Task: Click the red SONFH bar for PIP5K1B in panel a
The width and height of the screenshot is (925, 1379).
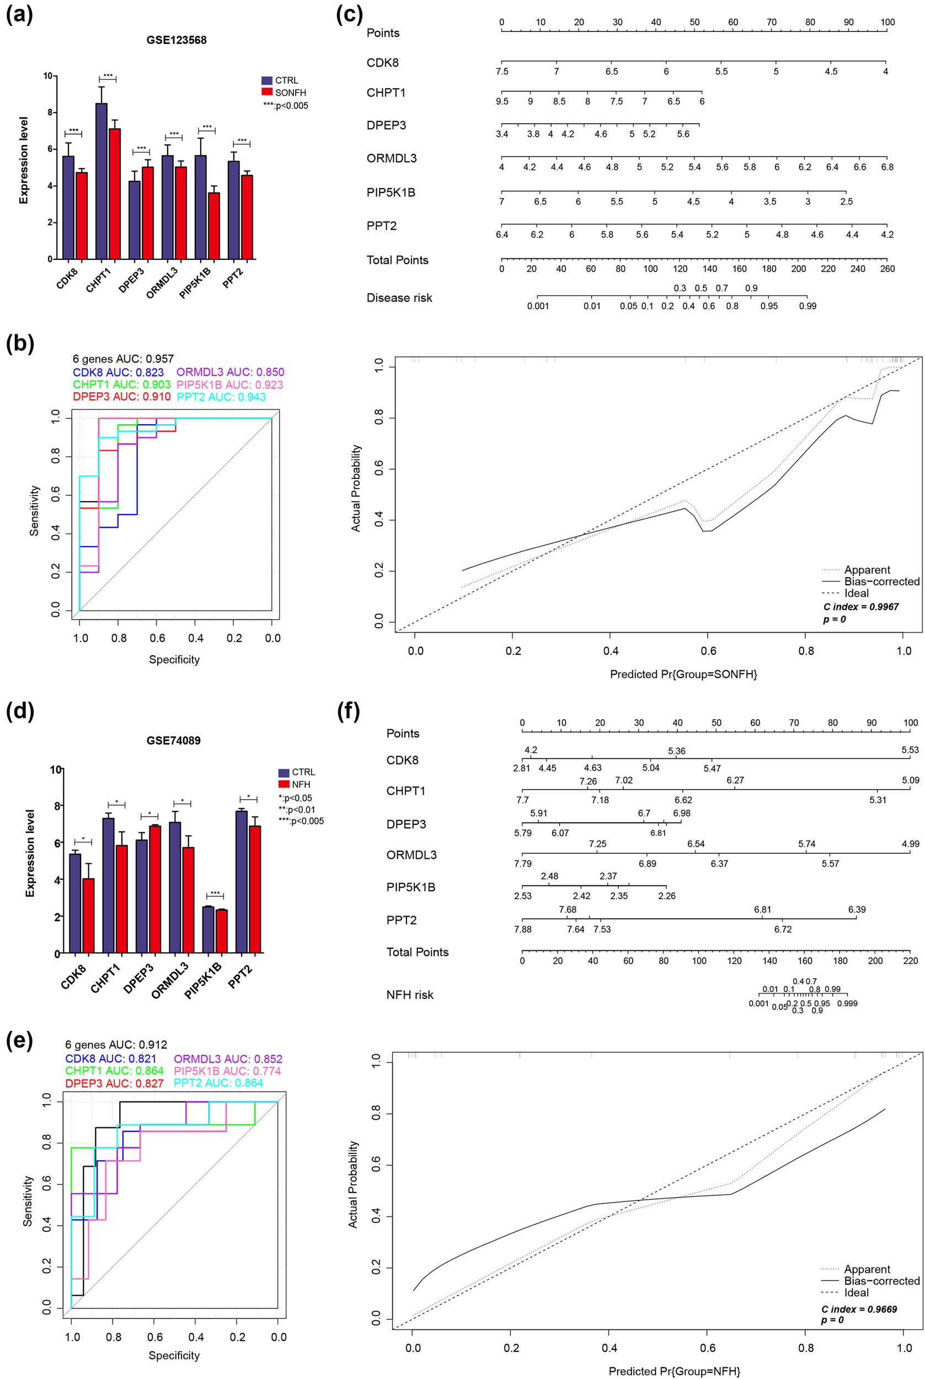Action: pos(213,226)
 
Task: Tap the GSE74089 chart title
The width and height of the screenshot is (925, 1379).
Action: pos(173,740)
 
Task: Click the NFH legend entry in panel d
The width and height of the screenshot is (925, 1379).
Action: pos(300,784)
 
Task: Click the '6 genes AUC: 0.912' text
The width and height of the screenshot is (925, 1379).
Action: pos(116,1045)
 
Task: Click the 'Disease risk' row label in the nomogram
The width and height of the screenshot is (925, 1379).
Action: pos(399,298)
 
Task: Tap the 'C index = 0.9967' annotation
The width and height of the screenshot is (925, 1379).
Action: pos(860,607)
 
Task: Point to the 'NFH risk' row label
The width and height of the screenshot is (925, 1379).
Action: pos(409,995)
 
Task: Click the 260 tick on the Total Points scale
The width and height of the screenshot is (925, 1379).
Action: pos(887,269)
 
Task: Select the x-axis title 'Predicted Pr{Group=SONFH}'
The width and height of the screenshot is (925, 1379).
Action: pos(683,674)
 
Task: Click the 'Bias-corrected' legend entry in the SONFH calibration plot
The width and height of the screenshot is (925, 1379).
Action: pos(881,581)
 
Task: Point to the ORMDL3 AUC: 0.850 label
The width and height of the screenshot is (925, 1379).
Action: pos(230,372)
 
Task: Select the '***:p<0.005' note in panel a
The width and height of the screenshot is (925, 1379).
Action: pos(286,106)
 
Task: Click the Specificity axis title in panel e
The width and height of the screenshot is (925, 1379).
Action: pos(174,1355)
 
